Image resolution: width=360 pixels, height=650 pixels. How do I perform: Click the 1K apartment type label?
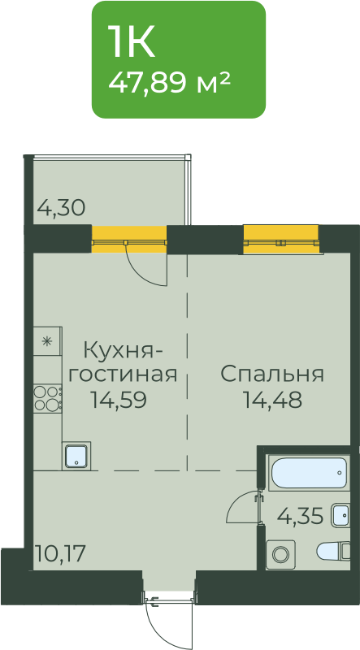point(131,41)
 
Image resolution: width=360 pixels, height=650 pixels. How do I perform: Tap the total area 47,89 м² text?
point(169,83)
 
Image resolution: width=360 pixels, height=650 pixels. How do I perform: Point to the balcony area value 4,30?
point(62,207)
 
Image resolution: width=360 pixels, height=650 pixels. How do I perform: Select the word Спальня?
point(271,375)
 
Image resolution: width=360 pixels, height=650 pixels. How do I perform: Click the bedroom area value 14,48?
point(272,400)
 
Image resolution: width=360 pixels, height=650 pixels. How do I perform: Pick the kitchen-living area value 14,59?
point(119,400)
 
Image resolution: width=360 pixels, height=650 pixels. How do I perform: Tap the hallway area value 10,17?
point(61,553)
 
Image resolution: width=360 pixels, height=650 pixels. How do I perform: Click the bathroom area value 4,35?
point(301,517)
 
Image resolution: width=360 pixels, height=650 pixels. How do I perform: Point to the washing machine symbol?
point(280,554)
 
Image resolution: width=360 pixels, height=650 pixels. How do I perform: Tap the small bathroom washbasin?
point(340,515)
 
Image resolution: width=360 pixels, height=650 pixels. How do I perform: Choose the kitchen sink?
point(76,456)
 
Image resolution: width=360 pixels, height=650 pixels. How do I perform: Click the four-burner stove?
point(48,398)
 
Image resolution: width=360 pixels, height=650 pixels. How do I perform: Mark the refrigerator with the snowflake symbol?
point(48,340)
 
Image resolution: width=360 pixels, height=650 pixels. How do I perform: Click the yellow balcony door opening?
point(129,239)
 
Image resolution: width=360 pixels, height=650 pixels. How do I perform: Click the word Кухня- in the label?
point(124,352)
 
